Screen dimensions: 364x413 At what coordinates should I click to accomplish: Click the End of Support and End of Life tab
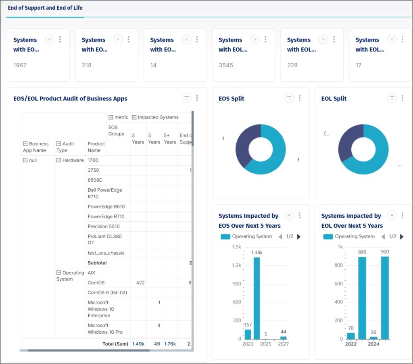pyautogui.click(x=45, y=8)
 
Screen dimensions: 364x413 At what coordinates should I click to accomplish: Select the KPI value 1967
pyautogui.click(x=20, y=65)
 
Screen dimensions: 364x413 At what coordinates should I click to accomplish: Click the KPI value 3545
pyautogui.click(x=225, y=65)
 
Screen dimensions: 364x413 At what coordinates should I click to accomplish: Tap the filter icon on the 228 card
pyautogui.click(x=323, y=39)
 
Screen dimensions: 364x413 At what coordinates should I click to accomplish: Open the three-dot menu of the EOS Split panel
pyautogui.click(x=300, y=98)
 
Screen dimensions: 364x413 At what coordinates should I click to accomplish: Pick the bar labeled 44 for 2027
pyautogui.click(x=284, y=337)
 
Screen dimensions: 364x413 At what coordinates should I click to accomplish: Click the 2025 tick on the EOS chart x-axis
pyautogui.click(x=266, y=344)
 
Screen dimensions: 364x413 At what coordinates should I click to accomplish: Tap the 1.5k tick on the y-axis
pyautogui.click(x=236, y=246)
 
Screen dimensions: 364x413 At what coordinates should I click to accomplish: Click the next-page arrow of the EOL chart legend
pyautogui.click(x=402, y=237)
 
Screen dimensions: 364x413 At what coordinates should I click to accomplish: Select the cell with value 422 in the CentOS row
pyautogui.click(x=140, y=283)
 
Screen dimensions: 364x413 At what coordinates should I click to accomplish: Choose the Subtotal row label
pyautogui.click(x=97, y=263)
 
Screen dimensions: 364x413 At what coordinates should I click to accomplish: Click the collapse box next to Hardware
pyautogui.click(x=58, y=160)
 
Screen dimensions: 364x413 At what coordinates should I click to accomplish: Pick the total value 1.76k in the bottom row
pyautogui.click(x=169, y=344)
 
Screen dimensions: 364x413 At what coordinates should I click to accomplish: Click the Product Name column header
pyautogui.click(x=96, y=147)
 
